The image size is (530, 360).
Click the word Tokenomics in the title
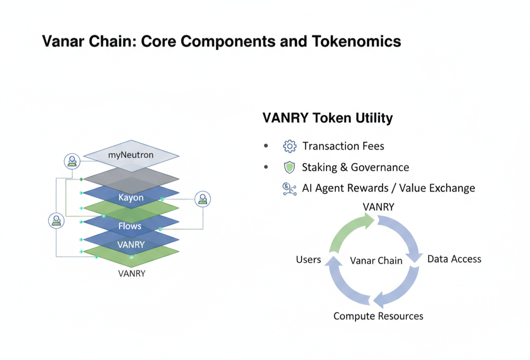click(x=357, y=41)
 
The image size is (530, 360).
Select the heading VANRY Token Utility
click(x=328, y=118)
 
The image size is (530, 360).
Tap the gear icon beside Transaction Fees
click(x=289, y=146)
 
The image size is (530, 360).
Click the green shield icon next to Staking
click(x=289, y=167)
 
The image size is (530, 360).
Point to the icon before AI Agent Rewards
click(x=289, y=188)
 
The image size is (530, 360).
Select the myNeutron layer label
click(x=131, y=155)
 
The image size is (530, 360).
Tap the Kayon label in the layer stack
click(x=131, y=198)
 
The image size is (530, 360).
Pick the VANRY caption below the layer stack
click(x=131, y=273)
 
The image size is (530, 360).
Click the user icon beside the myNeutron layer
click(x=72, y=161)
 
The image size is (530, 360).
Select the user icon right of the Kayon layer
click(x=202, y=199)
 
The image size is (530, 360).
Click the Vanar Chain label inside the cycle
click(x=376, y=260)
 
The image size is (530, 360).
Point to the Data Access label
click(x=454, y=259)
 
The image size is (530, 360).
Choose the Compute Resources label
click(x=378, y=316)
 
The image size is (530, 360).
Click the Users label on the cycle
click(x=308, y=259)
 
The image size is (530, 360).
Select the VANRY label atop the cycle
click(x=378, y=206)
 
